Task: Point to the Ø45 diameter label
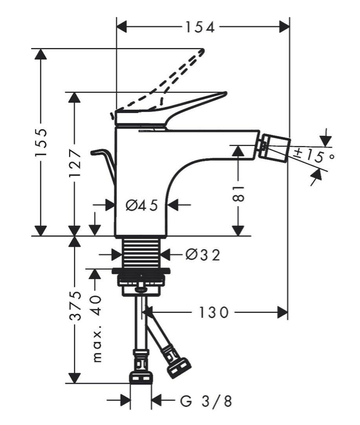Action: coord(141,205)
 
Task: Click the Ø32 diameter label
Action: coord(202,255)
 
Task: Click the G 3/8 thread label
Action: coord(205,402)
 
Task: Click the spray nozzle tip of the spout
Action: coord(273,144)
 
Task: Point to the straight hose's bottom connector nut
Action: coord(141,377)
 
